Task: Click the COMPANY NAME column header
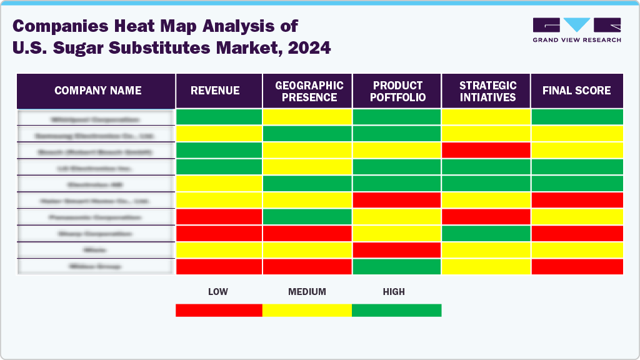click(97, 91)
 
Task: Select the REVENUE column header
click(215, 91)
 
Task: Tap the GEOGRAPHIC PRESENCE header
click(309, 91)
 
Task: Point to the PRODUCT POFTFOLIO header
click(398, 91)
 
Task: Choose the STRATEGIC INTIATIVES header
click(487, 91)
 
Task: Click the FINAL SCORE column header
click(576, 91)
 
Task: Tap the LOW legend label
click(217, 292)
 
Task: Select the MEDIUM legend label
click(307, 292)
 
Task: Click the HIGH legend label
click(394, 292)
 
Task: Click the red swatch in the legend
click(219, 310)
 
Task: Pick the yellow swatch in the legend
click(307, 310)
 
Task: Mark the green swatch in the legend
click(396, 310)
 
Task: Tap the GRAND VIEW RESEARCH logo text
click(577, 40)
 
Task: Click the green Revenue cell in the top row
click(219, 117)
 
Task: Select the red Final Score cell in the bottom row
click(577, 266)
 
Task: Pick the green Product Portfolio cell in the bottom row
click(397, 266)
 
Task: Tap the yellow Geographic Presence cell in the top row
click(307, 117)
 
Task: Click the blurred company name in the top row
click(96, 118)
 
